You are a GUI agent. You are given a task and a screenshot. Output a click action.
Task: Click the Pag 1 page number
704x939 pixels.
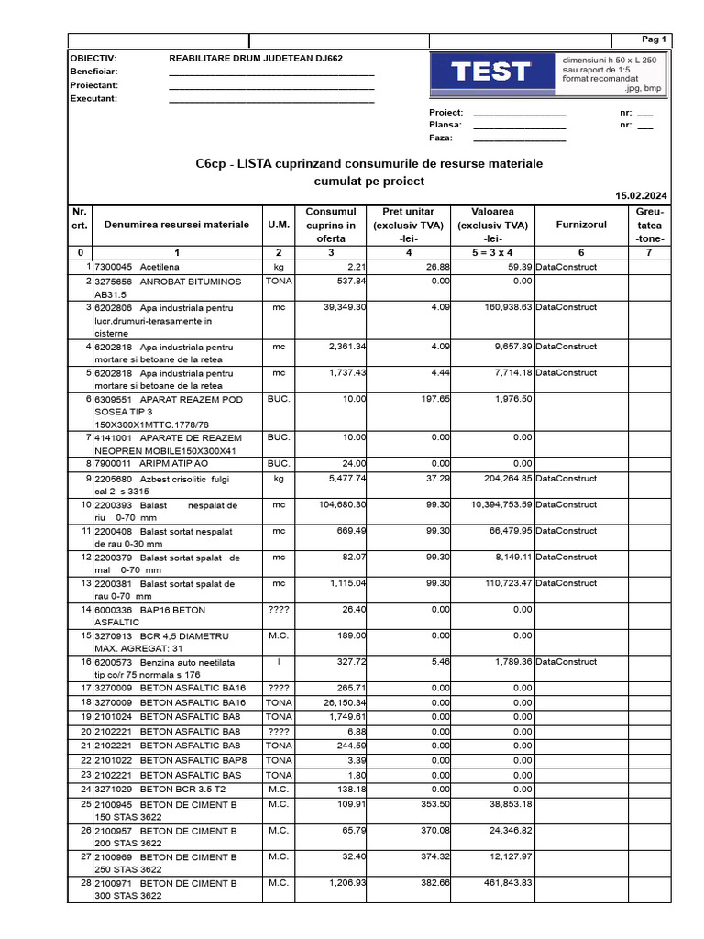(x=654, y=39)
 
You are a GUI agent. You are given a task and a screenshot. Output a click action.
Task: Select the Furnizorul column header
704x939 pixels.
(x=581, y=225)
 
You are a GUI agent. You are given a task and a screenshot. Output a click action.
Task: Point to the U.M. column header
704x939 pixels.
(x=278, y=225)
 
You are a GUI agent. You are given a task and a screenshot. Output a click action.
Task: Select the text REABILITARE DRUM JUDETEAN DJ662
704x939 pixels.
(x=256, y=58)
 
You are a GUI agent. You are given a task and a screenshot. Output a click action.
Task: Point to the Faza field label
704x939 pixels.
(x=441, y=138)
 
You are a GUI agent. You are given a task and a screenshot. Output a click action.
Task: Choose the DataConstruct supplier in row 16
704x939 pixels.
(x=566, y=661)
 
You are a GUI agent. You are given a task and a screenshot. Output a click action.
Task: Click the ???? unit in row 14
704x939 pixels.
(x=278, y=610)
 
